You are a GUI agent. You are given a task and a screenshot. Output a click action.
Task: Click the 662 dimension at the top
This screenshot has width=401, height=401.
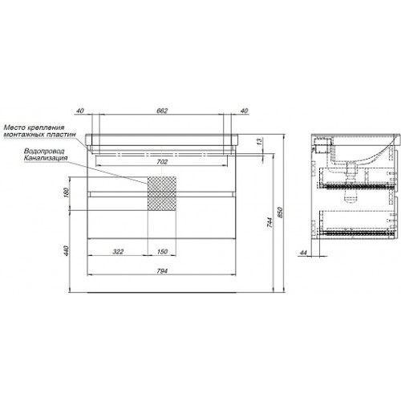coord(162,111)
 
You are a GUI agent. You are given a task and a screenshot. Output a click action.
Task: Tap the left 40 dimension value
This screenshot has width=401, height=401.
coord(80,111)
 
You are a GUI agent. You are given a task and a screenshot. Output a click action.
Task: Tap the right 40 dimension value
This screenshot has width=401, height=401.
coord(245,111)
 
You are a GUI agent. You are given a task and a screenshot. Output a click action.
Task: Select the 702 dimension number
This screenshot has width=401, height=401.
coord(162,162)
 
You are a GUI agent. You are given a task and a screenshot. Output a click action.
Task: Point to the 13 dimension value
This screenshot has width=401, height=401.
coord(260,141)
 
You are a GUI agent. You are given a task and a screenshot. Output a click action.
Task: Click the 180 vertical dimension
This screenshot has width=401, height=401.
coord(67,192)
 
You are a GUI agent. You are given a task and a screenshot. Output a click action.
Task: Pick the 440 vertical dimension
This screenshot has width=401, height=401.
coord(67,250)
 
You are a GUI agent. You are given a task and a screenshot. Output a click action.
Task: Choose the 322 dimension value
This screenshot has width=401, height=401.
coord(118,252)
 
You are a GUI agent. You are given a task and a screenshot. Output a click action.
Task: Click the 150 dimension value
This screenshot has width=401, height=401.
coord(162,252)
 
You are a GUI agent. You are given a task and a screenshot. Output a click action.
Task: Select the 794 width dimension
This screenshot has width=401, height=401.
coord(162,271)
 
